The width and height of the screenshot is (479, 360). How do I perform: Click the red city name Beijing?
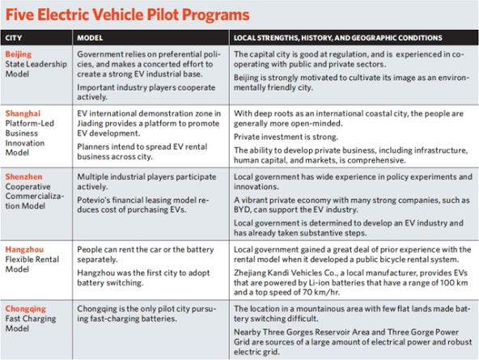[19, 53]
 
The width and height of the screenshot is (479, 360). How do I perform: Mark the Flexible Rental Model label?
[33, 265]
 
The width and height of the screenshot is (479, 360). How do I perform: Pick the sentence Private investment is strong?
[288, 138]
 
